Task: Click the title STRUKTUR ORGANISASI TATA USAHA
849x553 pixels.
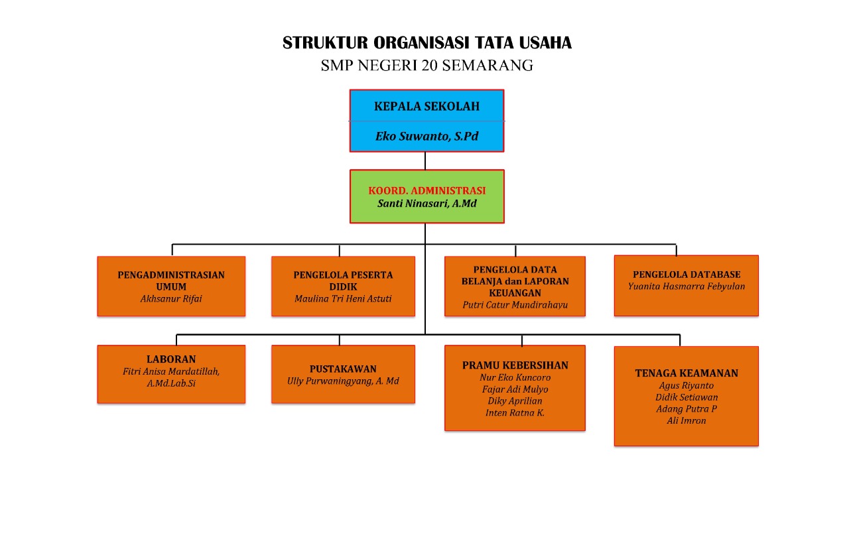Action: click(426, 43)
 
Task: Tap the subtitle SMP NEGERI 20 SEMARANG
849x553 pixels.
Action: click(426, 66)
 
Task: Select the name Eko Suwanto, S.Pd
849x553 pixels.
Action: click(426, 136)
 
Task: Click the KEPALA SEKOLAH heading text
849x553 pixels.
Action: click(426, 106)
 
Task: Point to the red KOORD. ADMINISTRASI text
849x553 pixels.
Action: click(426, 190)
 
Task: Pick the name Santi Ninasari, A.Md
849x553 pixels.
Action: click(426, 204)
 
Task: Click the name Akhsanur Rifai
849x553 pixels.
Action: click(171, 298)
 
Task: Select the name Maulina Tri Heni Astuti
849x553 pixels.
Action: click(343, 298)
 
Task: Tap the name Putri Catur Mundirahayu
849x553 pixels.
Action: click(515, 305)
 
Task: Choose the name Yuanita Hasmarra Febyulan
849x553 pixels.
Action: click(686, 286)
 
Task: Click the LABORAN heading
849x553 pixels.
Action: click(171, 359)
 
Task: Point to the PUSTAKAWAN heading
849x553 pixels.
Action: click(343, 369)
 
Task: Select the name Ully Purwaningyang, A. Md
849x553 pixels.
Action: click(343, 381)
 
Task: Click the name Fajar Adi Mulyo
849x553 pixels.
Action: click(515, 389)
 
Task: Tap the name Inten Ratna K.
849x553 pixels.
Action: click(515, 412)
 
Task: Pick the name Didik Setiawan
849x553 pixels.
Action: click(686, 397)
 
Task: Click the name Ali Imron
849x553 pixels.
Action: click(686, 420)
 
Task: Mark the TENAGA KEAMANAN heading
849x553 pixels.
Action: click(686, 373)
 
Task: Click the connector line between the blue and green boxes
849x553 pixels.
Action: click(425, 160)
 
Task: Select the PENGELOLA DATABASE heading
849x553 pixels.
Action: click(686, 275)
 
